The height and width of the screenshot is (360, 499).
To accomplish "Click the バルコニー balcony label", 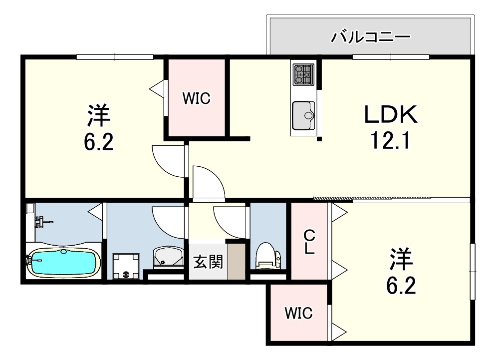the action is pos(371,37).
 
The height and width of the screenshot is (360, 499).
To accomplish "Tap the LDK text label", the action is pos(391,114).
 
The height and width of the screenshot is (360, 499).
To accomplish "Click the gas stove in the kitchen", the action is pos(303,74).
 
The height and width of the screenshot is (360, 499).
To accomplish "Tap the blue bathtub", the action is pos(63,262).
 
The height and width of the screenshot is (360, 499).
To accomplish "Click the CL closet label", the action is pos(309,243).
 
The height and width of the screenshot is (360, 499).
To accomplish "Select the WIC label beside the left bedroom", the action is pos(196,98).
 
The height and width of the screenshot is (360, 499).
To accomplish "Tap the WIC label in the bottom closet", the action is pos(299,313).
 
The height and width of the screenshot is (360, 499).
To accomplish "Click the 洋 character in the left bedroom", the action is pos(99,115).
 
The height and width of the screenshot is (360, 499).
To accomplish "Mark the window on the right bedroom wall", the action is pos(473,272).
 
